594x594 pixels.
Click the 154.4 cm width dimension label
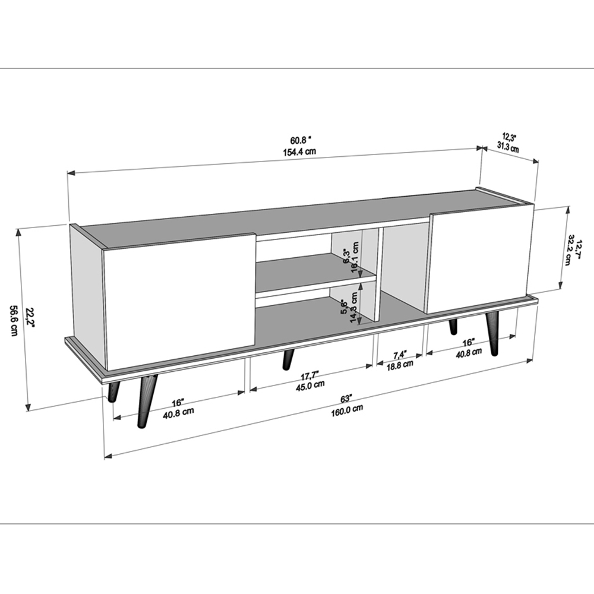[299, 151]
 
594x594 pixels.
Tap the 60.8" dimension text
[301, 140]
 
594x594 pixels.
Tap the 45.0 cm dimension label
[311, 386]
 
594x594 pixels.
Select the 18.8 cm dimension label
[400, 365]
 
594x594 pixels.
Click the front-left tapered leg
[144, 402]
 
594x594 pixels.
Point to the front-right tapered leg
[493, 333]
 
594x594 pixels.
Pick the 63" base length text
[346, 399]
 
